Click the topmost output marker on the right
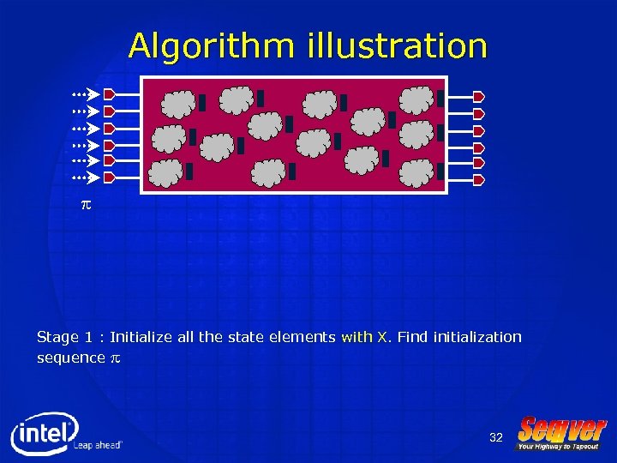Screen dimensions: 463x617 click(x=479, y=96)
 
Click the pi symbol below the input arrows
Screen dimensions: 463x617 click(x=85, y=207)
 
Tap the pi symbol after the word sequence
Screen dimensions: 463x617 click(x=115, y=358)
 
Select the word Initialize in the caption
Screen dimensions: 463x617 click(x=141, y=337)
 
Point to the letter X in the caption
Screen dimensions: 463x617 click(x=381, y=337)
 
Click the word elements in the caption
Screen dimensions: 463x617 click(x=305, y=337)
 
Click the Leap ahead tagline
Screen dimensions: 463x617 click(x=98, y=445)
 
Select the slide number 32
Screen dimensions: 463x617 click(x=496, y=438)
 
